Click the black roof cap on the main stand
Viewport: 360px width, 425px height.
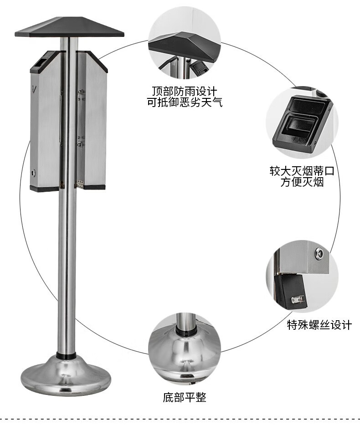point(69,28)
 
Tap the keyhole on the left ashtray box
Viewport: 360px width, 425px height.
point(33,173)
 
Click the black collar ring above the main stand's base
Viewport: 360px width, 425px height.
point(67,355)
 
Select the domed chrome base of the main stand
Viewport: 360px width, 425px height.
point(66,376)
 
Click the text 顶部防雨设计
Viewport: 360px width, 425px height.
point(184,91)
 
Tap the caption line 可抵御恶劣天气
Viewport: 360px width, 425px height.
point(184,102)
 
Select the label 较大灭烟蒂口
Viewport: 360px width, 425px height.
point(302,172)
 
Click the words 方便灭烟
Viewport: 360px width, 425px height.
point(302,183)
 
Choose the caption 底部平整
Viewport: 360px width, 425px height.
point(185,397)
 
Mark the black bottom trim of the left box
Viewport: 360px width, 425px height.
point(44,188)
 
